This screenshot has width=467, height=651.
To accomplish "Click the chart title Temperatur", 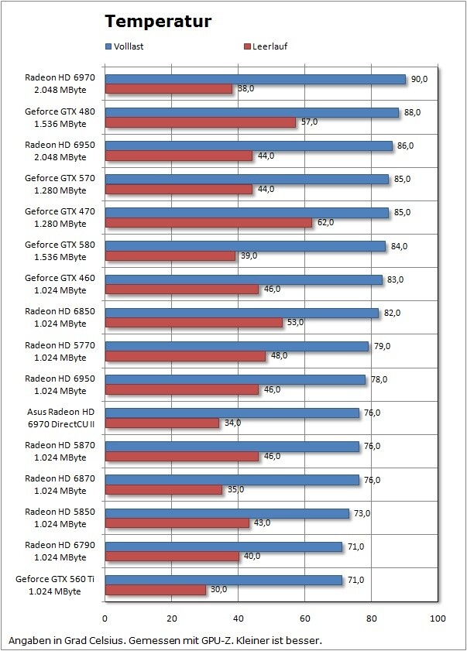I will [158, 21].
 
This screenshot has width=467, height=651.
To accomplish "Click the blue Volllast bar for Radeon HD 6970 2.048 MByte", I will [256, 79].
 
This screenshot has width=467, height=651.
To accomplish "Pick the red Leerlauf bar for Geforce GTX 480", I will [201, 122].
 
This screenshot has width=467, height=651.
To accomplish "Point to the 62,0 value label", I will [326, 222].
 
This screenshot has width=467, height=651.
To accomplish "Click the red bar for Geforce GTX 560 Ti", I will [156, 590].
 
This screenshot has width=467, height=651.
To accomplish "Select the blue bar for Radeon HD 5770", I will [237, 346].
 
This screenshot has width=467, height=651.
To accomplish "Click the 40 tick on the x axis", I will [239, 619].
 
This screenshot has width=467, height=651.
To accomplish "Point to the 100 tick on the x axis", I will [438, 619].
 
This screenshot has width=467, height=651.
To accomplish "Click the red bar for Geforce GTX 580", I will [170, 255].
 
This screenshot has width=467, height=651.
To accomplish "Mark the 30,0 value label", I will [219, 590].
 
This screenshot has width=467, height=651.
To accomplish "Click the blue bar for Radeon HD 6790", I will [224, 546].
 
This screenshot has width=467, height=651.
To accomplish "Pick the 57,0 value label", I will [309, 122].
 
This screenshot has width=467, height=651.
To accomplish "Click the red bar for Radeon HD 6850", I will [194, 323].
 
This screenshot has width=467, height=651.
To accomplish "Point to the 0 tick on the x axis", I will [105, 619].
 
